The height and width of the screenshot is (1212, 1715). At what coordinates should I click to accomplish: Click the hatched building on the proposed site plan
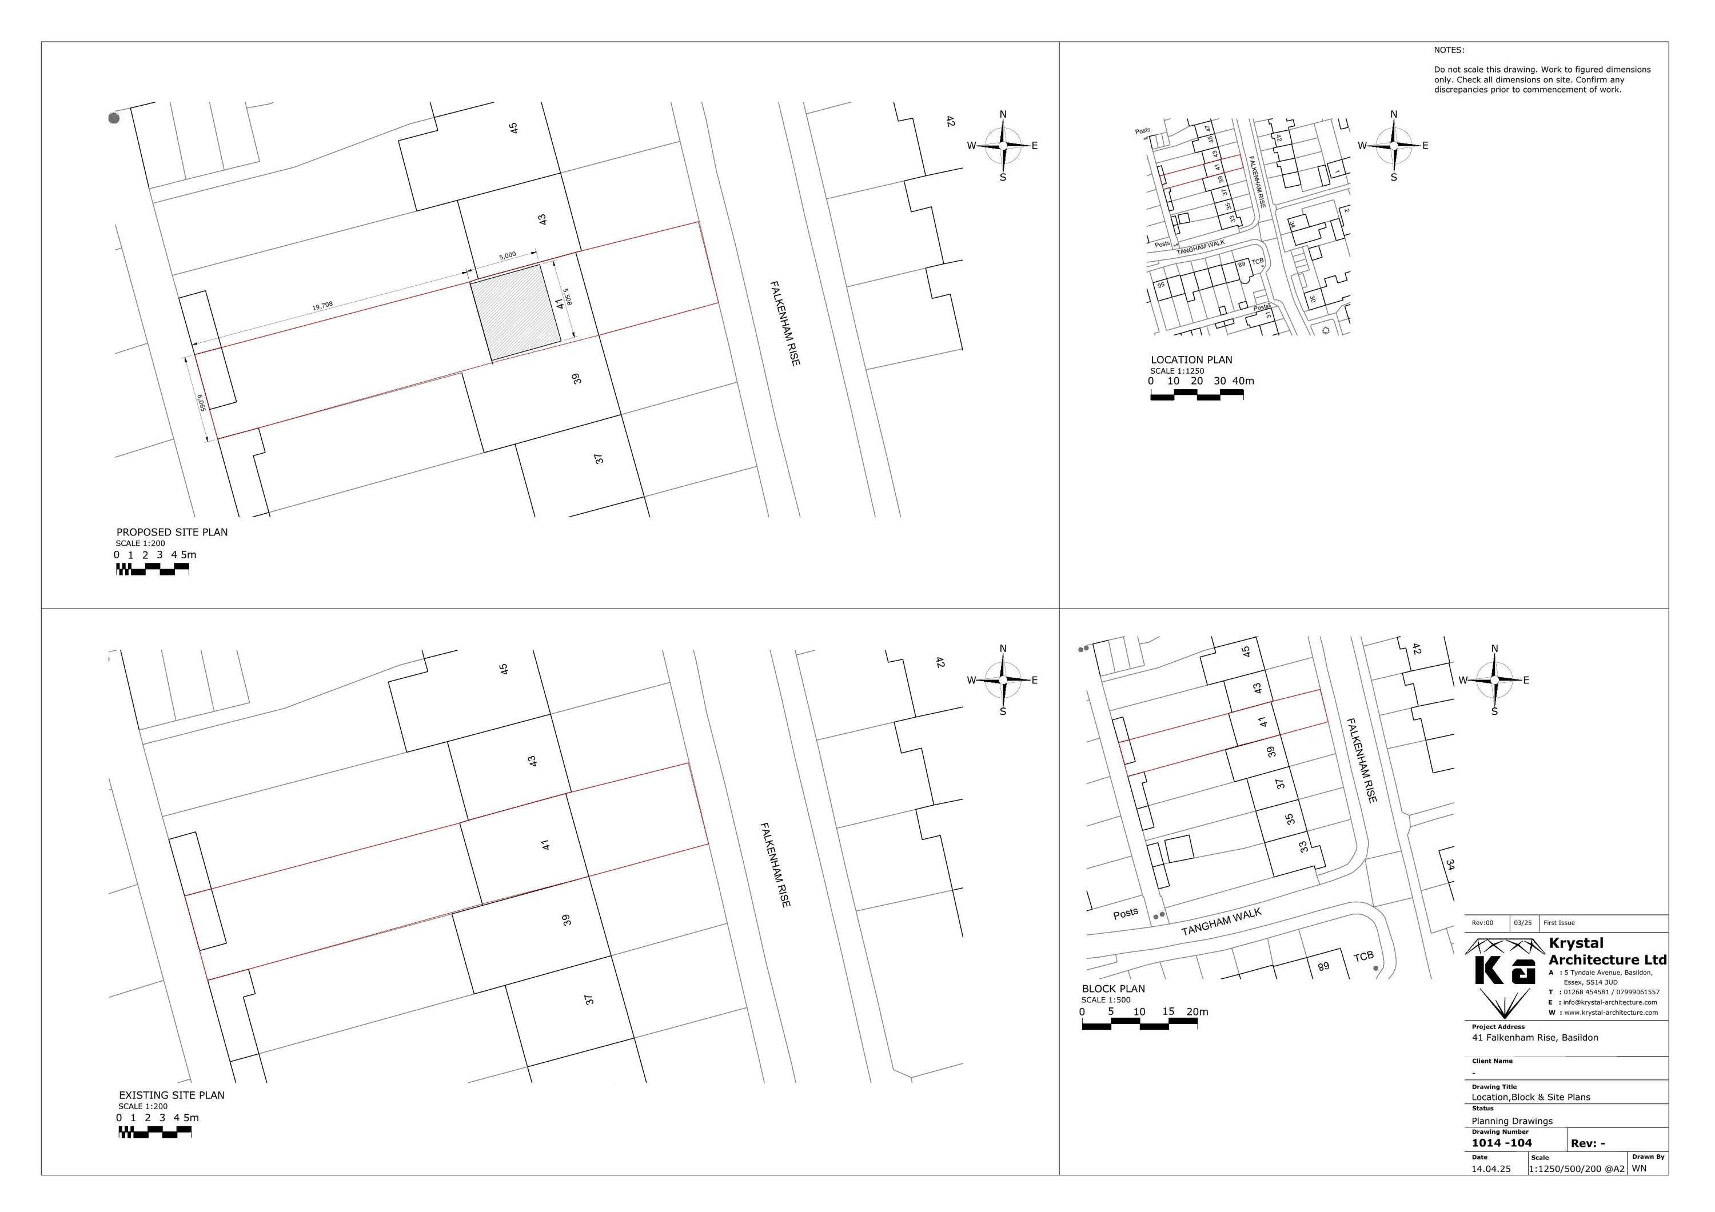[x=516, y=313]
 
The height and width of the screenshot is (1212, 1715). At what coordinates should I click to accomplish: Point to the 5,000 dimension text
[x=507, y=255]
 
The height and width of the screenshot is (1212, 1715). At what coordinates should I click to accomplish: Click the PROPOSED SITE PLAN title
[x=172, y=533]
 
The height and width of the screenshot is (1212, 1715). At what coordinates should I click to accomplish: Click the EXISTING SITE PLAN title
[x=172, y=1095]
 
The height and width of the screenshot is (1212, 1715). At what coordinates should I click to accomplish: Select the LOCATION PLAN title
[x=1191, y=360]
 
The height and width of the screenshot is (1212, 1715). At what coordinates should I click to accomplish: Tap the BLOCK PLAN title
[x=1113, y=989]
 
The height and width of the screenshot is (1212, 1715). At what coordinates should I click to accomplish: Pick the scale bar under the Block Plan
[x=1139, y=1027]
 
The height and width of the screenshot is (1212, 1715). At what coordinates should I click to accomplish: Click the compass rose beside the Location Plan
[x=1394, y=146]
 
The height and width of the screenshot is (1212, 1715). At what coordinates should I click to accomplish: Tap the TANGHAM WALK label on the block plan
[x=1221, y=922]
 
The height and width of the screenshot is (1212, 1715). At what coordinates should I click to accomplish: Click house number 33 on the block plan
[x=1304, y=847]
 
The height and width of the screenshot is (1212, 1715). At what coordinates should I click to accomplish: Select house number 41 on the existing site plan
[x=546, y=845]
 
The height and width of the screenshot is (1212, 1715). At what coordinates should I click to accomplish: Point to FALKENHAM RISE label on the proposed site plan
[x=785, y=323]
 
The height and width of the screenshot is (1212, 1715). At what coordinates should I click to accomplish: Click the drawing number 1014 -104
[x=1501, y=1143]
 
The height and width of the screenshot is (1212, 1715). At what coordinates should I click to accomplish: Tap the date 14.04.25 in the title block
[x=1491, y=1170]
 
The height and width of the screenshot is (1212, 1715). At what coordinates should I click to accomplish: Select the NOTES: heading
[x=1449, y=50]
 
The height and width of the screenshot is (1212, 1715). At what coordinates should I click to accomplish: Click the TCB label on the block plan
[x=1363, y=957]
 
